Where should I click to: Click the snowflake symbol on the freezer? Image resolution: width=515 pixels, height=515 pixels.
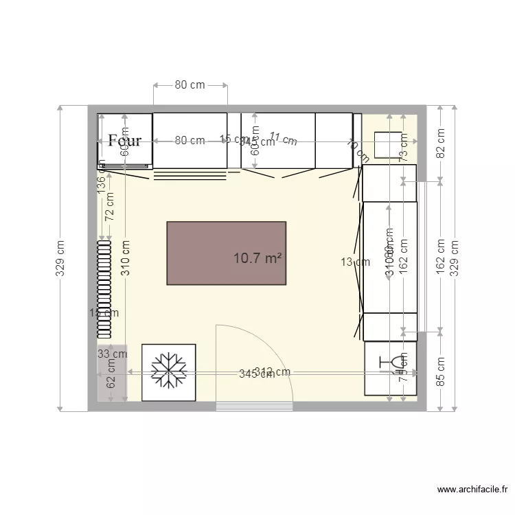169,371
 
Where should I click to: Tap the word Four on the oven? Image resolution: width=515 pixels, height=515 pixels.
125,141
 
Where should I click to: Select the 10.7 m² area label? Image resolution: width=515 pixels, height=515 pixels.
258,259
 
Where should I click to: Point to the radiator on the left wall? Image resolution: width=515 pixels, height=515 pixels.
104,289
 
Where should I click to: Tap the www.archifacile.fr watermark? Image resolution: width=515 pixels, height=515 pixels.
472,490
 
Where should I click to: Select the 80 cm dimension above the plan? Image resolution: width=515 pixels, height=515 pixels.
190,85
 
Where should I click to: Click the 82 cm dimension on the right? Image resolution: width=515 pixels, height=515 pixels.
441,144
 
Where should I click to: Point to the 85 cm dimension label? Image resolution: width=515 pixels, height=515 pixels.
441,370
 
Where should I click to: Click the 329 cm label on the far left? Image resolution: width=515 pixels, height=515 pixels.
60,257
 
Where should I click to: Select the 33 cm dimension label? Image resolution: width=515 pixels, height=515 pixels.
112,354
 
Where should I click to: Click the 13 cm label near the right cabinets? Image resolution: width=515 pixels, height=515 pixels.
350,262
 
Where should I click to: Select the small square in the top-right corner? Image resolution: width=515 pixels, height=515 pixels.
387,144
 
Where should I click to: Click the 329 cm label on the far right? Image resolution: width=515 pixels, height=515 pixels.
454,257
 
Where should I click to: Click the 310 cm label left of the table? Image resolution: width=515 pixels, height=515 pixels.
126,257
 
